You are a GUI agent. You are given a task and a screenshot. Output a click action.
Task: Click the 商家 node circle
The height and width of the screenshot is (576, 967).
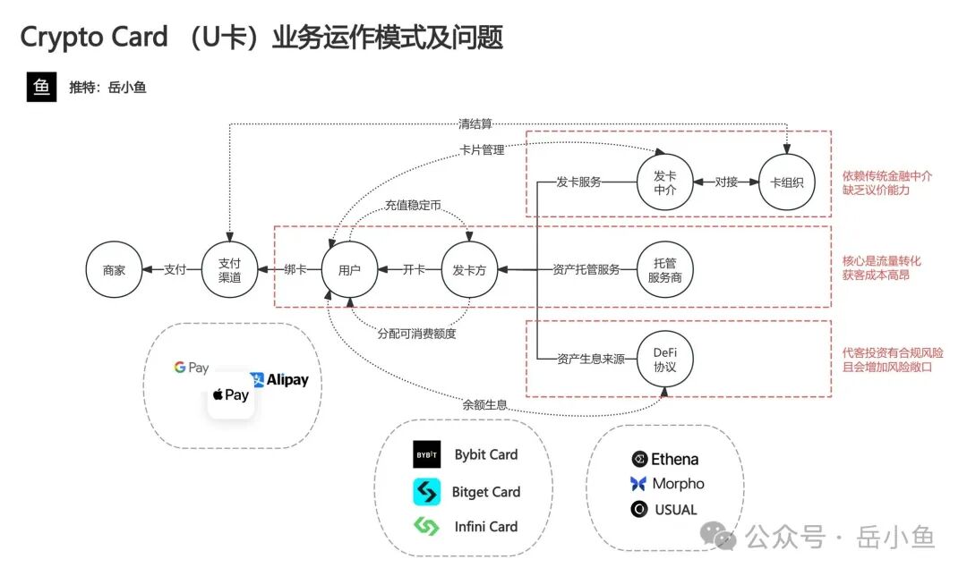point(114,269)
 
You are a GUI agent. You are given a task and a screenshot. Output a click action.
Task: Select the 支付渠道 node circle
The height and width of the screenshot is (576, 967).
point(230,269)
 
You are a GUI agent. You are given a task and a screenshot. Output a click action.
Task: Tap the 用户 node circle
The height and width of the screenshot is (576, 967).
point(349,269)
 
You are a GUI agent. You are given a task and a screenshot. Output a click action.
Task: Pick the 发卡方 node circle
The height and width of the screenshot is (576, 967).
point(469,269)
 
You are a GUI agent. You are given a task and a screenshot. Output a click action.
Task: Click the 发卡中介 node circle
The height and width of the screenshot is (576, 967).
point(665,182)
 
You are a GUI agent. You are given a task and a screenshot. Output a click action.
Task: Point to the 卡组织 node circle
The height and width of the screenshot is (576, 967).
point(787,182)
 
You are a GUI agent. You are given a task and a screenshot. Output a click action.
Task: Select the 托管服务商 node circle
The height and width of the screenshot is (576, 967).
point(665,269)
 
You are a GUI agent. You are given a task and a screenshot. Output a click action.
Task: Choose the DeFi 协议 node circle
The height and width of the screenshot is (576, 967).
point(665,360)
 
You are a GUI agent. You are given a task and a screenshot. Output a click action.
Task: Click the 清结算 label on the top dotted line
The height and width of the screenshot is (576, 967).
point(475,123)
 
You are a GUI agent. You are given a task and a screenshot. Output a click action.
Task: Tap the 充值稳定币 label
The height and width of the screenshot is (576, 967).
point(413,205)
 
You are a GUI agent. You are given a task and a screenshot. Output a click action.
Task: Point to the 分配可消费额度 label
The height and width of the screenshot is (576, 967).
point(416,334)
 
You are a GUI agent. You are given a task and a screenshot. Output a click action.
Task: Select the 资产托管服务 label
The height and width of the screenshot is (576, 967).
point(586,269)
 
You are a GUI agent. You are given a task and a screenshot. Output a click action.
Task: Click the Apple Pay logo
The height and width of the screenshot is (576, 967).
point(231,394)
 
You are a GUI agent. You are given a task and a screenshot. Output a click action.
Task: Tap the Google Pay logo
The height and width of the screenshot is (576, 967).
point(191,368)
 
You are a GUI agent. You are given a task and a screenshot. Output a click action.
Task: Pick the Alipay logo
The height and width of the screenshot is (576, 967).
point(278,379)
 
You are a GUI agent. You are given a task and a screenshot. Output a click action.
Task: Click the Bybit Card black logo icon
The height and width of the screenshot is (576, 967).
point(426,454)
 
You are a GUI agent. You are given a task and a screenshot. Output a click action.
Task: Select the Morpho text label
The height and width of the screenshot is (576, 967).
point(677,484)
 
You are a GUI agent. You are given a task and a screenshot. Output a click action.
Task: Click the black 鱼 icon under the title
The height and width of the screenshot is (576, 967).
point(41,87)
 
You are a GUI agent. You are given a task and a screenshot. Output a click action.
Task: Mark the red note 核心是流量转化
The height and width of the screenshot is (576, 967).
point(881,261)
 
